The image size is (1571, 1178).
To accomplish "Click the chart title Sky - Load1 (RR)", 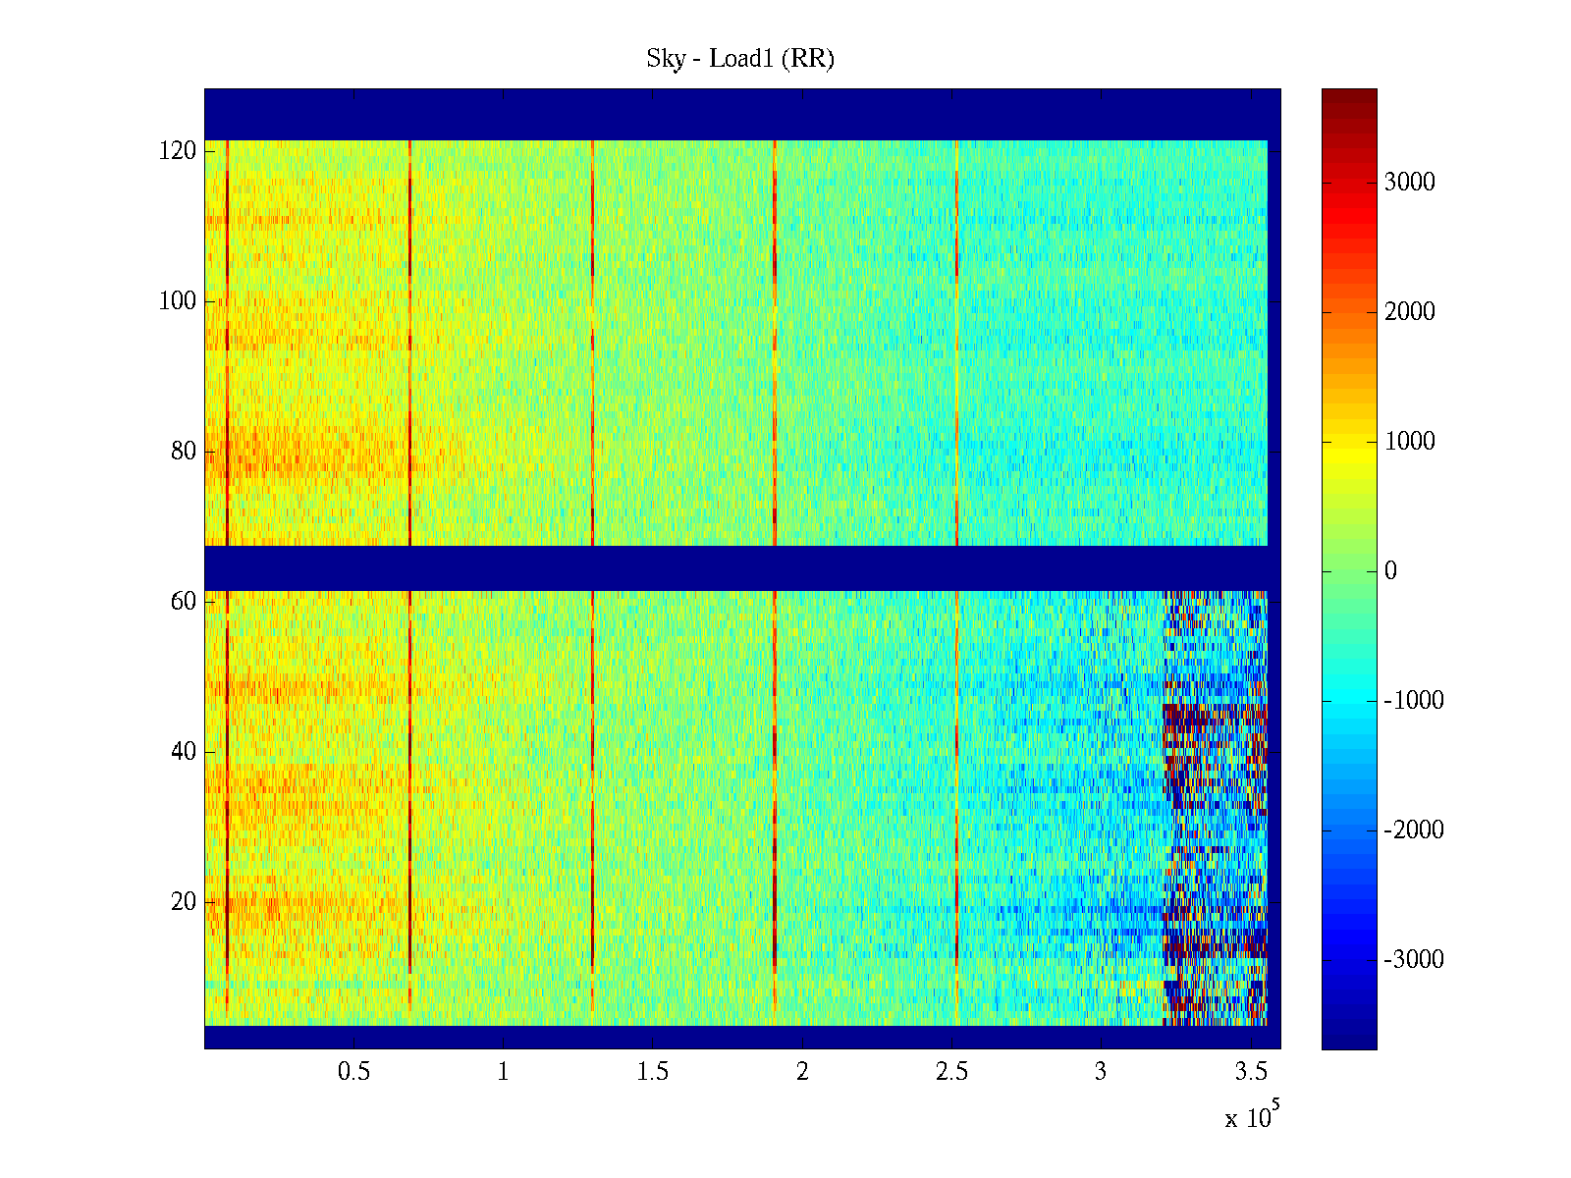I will coord(740,59).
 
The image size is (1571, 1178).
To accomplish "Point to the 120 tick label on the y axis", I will coord(178,151).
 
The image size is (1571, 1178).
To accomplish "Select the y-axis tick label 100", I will coord(178,301).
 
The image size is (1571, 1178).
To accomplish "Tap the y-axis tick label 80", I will coord(184,452).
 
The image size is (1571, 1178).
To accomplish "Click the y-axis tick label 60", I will coord(184,602).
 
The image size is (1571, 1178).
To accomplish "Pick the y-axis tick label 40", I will coord(184,752).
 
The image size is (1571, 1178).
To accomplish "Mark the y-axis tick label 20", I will coord(184,902).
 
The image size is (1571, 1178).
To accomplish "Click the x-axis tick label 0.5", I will coord(354,1072).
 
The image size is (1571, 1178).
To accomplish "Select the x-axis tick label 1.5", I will coord(653,1072).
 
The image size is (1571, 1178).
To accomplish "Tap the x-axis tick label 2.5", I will coord(951,1072).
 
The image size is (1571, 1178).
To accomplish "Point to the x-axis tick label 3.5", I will coord(1250,1072).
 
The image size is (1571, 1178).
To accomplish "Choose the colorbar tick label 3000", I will coord(1409,183).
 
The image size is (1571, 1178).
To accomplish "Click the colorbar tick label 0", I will coord(1390,571).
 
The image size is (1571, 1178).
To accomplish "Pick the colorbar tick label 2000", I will coord(1409,312).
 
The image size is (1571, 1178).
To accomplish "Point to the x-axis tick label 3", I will coord(1101,1072).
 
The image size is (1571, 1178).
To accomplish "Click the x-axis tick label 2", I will coord(802,1072).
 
